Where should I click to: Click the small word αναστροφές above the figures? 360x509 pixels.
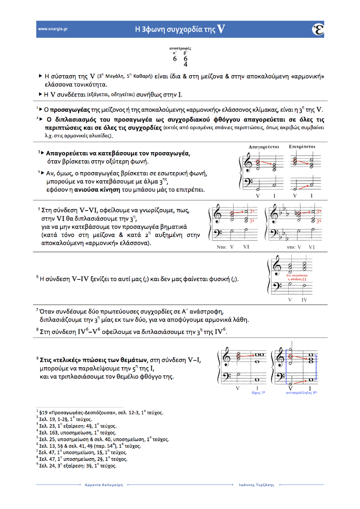tap(180, 49)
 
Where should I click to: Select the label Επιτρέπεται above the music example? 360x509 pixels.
tap(302, 147)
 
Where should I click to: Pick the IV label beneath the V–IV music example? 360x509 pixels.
tap(304, 300)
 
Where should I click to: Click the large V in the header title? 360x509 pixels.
tap(221, 29)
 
